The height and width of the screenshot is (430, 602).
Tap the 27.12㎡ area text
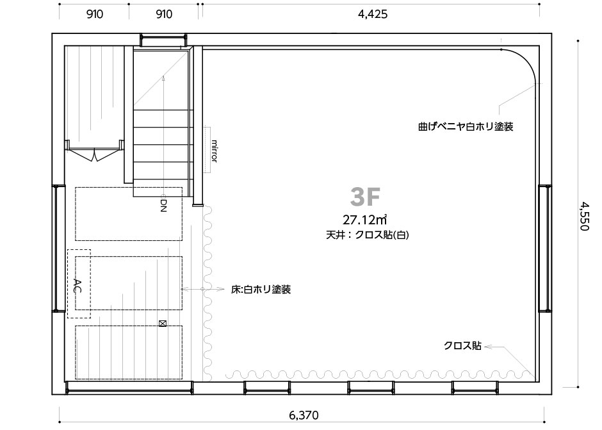(x=364, y=220)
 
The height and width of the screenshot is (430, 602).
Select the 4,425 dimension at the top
(x=373, y=15)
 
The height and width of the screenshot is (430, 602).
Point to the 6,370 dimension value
(x=304, y=415)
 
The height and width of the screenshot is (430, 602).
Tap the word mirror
(x=215, y=151)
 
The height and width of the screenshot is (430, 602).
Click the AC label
(x=77, y=286)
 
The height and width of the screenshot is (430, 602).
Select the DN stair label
(x=163, y=205)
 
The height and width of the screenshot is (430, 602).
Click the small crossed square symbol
(x=163, y=324)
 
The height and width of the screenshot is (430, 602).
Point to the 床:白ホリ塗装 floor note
(x=261, y=289)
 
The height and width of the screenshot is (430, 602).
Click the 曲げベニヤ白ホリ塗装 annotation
(x=466, y=126)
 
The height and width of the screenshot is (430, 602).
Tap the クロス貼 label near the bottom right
(x=462, y=346)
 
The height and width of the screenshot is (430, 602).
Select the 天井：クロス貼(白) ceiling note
(x=368, y=235)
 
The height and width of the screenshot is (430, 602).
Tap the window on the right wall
(x=545, y=249)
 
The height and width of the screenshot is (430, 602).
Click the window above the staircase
(x=163, y=40)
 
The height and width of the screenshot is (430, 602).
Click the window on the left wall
(x=59, y=249)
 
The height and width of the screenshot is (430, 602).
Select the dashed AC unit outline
(x=79, y=284)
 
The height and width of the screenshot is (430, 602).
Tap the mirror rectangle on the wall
(x=207, y=149)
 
